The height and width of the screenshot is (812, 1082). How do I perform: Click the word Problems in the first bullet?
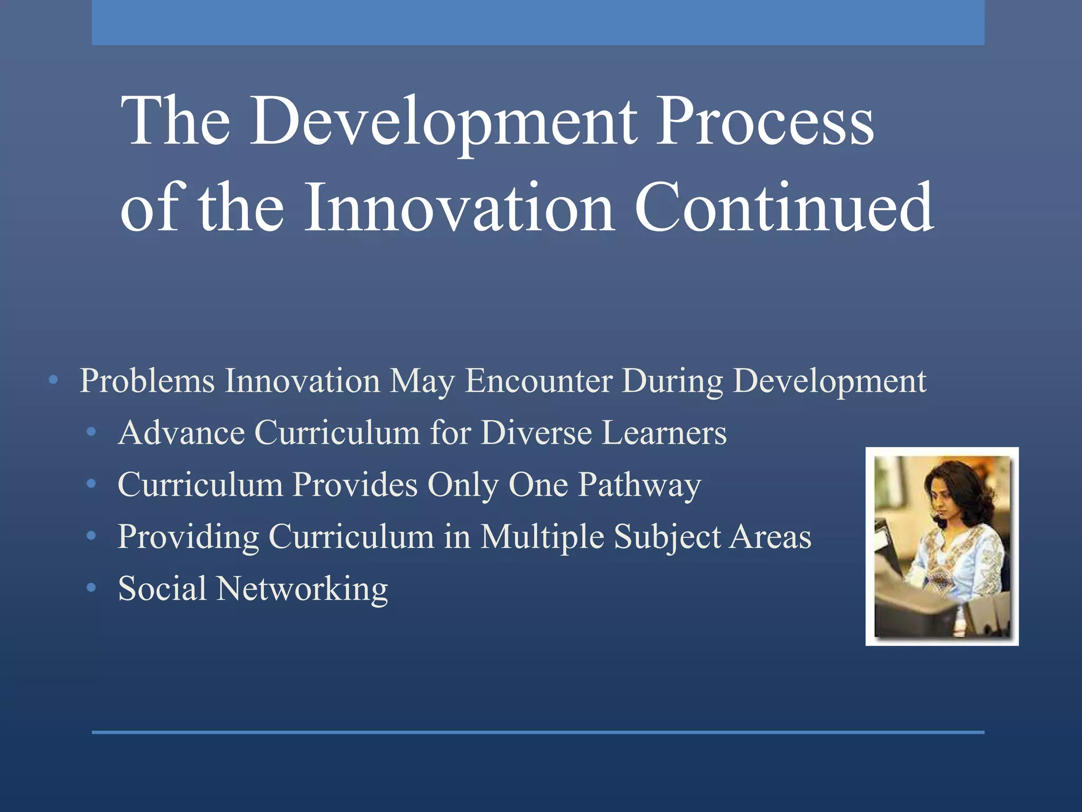[147, 381]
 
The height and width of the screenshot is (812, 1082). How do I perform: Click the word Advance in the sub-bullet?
[181, 433]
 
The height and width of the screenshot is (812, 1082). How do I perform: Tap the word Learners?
[664, 433]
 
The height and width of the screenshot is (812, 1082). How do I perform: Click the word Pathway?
[639, 485]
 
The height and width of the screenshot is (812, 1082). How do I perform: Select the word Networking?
[302, 589]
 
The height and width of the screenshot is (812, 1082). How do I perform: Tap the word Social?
[162, 589]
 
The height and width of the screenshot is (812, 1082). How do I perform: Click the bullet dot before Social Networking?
[91, 588]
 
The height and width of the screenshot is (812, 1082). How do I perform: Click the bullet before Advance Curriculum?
[91, 432]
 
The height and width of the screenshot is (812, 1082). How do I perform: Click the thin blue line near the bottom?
[538, 732]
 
